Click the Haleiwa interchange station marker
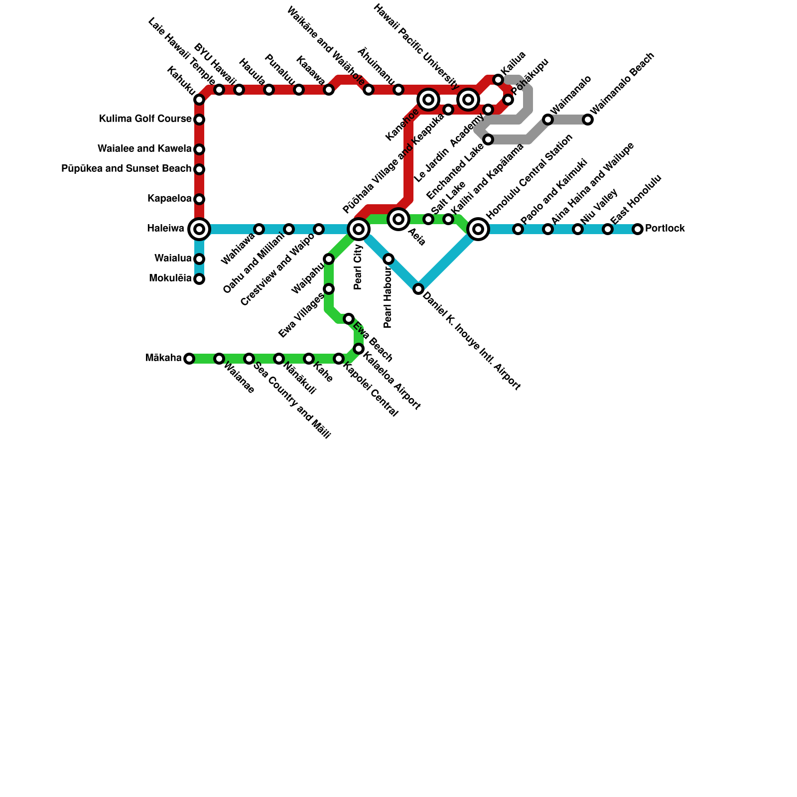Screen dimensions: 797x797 199,229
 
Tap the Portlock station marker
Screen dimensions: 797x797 638,229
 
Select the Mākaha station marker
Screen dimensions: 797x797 189,359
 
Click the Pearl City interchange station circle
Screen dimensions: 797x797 359,229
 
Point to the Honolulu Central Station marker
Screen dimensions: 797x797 478,229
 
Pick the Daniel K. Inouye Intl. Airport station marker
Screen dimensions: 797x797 418,289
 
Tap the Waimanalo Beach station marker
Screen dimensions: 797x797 588,120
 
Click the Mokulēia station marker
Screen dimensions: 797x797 199,279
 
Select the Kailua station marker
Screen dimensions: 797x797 498,80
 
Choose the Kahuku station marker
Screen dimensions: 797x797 199,100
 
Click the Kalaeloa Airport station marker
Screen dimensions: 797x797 359,349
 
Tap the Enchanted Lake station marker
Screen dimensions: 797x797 488,139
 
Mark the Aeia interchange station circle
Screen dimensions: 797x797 398,219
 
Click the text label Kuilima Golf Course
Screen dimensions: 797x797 145,119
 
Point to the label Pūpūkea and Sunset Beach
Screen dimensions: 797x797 126,169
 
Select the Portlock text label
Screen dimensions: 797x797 664,229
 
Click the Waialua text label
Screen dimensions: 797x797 173,259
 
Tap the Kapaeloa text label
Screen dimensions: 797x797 169,199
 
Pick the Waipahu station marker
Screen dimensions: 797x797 329,259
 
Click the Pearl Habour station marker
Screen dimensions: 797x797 389,259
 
